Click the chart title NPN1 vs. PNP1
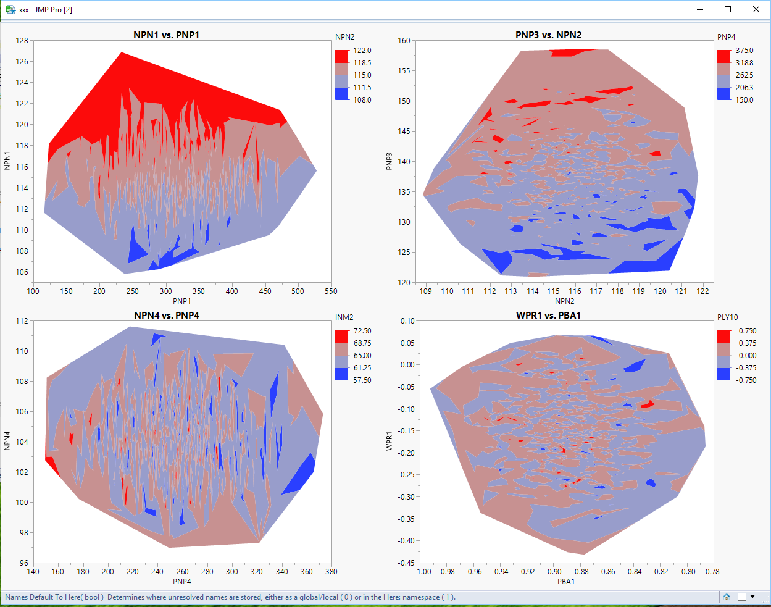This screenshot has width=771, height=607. [166, 35]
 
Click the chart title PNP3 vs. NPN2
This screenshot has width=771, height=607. [548, 35]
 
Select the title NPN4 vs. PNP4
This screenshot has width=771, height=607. [166, 316]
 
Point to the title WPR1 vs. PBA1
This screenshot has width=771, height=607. [548, 316]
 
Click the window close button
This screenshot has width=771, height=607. [756, 9]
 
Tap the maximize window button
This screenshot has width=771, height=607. [728, 9]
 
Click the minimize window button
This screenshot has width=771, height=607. [701, 9]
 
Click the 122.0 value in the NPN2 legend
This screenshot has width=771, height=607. [362, 51]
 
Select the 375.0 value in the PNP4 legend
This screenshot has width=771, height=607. [744, 51]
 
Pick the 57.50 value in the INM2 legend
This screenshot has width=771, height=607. [362, 380]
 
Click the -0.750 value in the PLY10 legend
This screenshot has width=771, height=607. [746, 380]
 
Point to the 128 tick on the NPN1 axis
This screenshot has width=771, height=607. [22, 41]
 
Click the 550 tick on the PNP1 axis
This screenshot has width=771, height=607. [331, 291]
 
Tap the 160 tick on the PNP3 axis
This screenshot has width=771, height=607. [404, 41]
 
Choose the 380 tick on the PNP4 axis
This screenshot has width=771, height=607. [331, 572]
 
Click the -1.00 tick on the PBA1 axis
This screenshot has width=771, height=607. [422, 572]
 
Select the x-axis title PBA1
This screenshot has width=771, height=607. [566, 582]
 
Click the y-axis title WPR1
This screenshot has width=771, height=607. [390, 441]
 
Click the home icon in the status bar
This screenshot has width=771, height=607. [727, 597]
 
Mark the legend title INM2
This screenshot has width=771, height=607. [344, 317]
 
